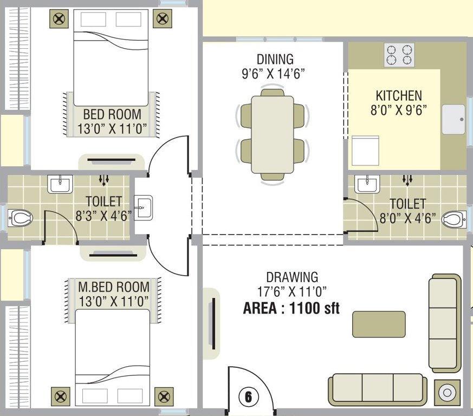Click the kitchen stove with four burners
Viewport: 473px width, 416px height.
(x=399, y=55)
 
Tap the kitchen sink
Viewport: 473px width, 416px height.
(x=453, y=119)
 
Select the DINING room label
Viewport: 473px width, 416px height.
(x=275, y=59)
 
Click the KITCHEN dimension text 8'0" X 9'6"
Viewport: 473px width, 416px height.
(x=399, y=110)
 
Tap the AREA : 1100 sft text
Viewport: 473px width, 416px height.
(x=291, y=309)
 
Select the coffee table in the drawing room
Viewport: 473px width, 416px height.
(x=379, y=324)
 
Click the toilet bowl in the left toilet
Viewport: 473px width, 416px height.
(x=21, y=218)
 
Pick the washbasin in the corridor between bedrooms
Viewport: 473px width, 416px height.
(x=144, y=207)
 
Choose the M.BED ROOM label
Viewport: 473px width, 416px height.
(x=113, y=287)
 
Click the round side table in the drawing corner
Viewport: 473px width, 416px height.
(x=448, y=392)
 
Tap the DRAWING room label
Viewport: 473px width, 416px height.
(x=292, y=277)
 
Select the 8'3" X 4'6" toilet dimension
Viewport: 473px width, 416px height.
(x=104, y=215)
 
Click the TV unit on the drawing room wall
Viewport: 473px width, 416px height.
(x=212, y=324)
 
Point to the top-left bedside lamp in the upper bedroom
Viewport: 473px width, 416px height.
(x=60, y=19)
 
